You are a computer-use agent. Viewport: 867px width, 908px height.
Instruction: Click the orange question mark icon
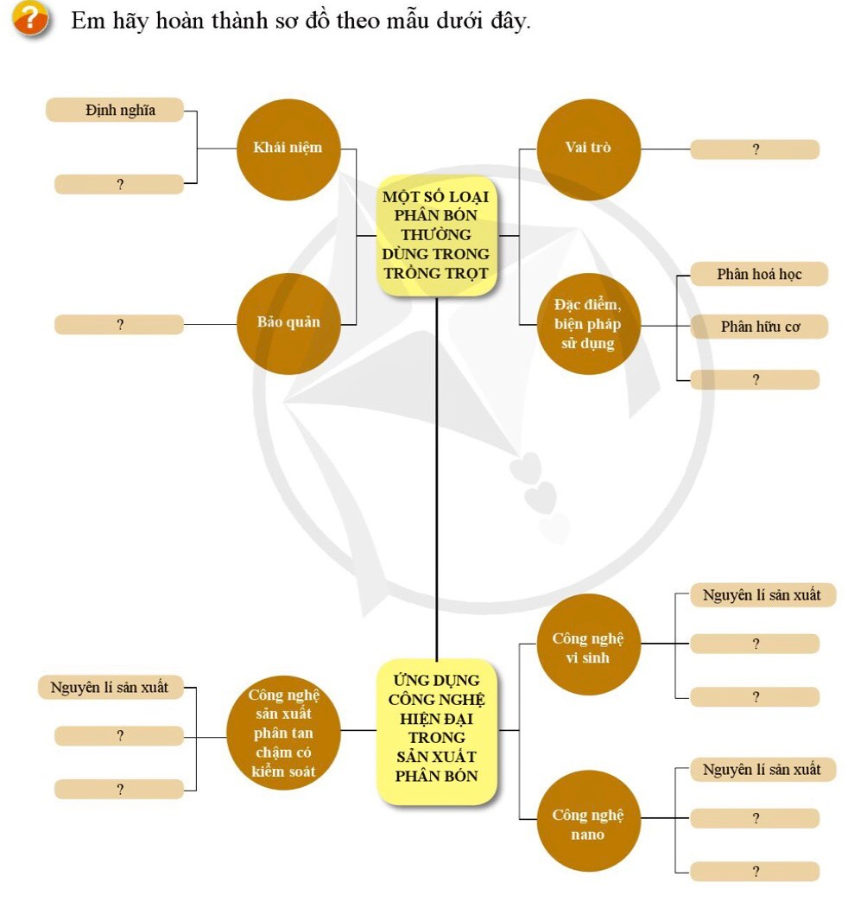(29, 19)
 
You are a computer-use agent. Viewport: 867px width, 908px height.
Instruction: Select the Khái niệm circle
(288, 149)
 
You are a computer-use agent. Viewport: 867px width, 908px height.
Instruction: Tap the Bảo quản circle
(288, 323)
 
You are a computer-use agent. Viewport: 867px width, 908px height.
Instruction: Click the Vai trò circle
(588, 149)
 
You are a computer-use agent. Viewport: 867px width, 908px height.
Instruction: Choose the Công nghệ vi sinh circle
(588, 644)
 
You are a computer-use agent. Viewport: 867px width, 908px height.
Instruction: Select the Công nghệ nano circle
(588, 821)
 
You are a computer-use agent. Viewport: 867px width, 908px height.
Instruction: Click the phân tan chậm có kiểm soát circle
(283, 733)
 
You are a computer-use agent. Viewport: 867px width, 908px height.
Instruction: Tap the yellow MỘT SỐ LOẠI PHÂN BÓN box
(436, 235)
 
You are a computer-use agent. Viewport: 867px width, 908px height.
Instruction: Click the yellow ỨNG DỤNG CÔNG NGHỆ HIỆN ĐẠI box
(438, 732)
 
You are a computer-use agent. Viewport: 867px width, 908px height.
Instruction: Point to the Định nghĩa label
(115, 110)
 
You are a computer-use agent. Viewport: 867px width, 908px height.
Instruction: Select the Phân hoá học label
(759, 275)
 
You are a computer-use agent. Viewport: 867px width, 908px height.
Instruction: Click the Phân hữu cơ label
(759, 327)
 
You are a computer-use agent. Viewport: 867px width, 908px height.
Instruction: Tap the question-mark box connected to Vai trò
(755, 149)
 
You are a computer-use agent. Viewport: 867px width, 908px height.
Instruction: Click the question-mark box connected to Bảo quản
(119, 325)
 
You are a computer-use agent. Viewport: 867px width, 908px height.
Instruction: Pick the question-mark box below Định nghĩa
(119, 184)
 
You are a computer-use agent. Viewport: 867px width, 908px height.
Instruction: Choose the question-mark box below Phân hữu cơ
(755, 379)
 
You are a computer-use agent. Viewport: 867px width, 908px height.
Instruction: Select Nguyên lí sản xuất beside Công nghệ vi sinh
(762, 595)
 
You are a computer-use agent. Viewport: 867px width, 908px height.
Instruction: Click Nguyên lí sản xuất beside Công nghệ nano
(762, 770)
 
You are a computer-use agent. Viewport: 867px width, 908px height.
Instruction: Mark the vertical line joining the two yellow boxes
(436, 475)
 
